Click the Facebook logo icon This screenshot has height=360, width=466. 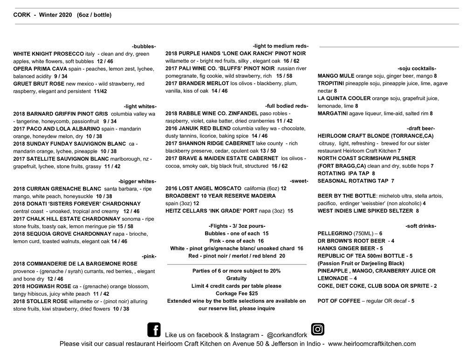154,330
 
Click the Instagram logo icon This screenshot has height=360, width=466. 318,329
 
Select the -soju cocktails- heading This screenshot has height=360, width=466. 417,68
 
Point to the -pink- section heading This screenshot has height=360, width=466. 149,256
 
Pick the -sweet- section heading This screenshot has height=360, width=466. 298,181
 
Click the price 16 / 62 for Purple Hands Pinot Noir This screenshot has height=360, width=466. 291,61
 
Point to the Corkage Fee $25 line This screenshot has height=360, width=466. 237,293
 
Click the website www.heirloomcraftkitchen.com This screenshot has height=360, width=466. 372,344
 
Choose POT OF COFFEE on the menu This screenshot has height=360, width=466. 339,301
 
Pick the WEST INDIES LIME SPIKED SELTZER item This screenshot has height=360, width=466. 365,211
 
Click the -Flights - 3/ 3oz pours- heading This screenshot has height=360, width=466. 237,226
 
